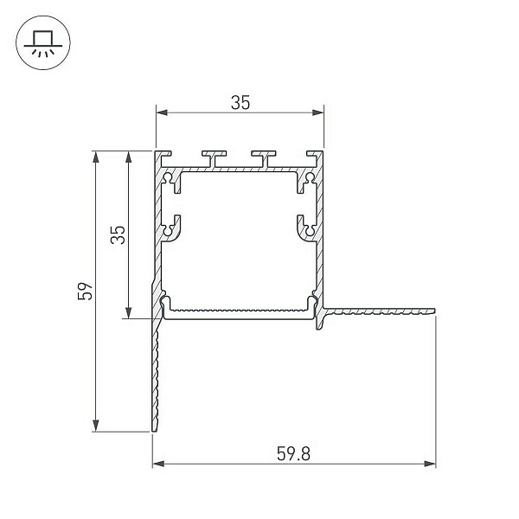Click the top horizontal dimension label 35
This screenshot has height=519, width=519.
(x=240, y=103)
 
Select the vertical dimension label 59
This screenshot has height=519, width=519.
(x=86, y=292)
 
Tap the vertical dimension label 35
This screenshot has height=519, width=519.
(x=118, y=234)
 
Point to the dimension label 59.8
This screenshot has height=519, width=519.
(x=293, y=454)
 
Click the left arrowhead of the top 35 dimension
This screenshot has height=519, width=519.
(x=162, y=112)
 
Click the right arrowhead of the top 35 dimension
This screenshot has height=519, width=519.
(x=318, y=112)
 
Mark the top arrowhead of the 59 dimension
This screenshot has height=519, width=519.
(x=96, y=157)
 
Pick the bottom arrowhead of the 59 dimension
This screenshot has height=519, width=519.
(x=96, y=426)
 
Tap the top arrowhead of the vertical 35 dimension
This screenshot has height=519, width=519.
(x=128, y=157)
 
